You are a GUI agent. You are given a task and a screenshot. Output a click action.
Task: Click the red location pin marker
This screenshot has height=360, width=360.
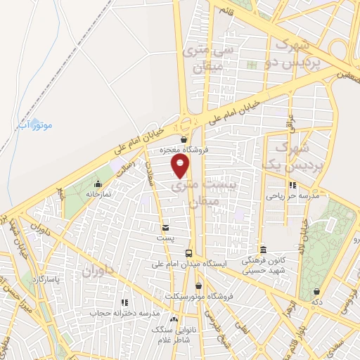[x=181, y=165]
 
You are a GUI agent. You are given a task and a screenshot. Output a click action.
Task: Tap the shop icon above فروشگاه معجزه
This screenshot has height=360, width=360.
[x=184, y=139]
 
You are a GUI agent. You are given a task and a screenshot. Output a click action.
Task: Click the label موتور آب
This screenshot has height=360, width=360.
[x=52, y=125]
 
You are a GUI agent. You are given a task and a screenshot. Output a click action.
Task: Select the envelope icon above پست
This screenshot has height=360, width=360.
[x=165, y=228]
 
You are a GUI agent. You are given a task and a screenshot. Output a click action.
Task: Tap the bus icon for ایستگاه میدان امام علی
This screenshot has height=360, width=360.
[x=188, y=253]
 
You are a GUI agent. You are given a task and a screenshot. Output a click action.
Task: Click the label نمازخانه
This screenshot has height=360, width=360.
[x=99, y=193]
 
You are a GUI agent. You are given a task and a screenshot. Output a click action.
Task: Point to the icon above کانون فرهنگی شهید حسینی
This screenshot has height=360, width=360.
[x=263, y=250]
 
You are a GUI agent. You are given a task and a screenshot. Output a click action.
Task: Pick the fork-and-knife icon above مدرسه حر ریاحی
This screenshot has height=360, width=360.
[x=292, y=186]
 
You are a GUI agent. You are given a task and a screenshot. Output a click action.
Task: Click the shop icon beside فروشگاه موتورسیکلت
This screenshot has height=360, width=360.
[x=199, y=286]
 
